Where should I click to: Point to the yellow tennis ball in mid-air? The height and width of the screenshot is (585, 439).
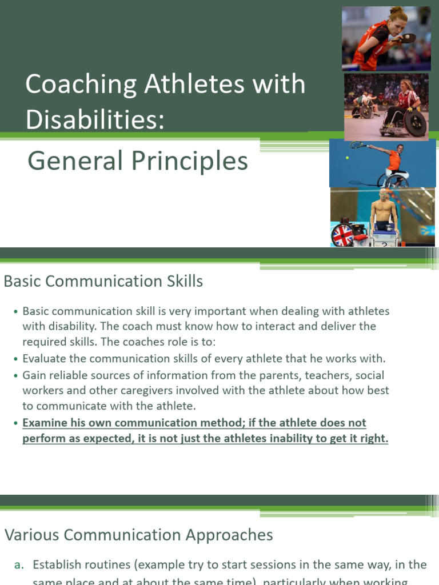347,157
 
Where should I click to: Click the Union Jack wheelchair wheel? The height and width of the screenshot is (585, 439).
342,235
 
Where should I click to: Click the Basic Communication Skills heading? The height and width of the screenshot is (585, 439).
103,281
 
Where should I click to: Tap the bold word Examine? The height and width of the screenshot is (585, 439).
46,423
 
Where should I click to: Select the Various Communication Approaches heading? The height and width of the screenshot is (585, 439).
139,535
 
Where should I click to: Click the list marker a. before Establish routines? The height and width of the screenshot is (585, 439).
19,565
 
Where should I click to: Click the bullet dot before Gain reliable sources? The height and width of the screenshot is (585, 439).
15,376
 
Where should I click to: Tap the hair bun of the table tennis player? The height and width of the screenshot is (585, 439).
394,10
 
